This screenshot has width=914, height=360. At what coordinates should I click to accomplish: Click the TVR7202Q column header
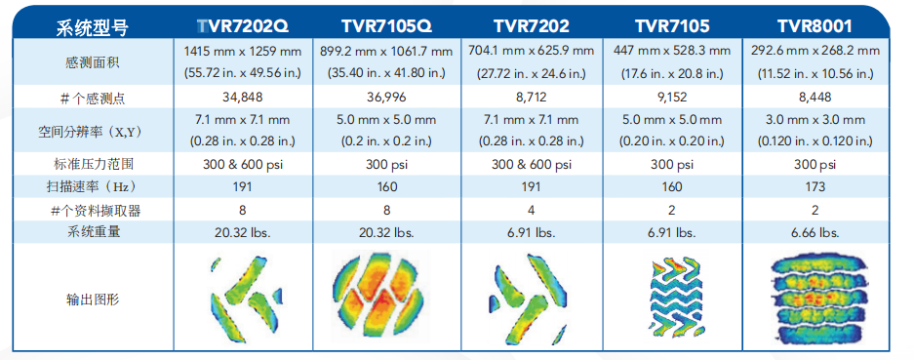[243, 26]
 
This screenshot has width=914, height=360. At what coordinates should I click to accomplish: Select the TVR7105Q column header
[386, 26]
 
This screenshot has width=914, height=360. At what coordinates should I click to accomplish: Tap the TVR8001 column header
[815, 26]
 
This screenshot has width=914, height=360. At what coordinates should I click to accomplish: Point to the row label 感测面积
[93, 62]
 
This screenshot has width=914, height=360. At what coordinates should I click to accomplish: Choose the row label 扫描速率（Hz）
[93, 186]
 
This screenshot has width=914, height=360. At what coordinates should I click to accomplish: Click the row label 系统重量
[93, 231]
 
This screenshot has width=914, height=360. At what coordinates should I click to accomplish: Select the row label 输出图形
[93, 300]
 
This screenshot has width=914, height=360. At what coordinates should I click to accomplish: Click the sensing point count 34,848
[243, 98]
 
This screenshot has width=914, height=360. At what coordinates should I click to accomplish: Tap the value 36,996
[387, 98]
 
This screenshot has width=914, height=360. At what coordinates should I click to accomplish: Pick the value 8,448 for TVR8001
[815, 98]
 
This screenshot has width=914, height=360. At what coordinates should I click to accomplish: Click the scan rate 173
[815, 186]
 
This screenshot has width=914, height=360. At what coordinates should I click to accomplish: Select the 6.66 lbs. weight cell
[815, 231]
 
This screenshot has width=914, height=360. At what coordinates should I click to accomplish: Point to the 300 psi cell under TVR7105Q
[387, 165]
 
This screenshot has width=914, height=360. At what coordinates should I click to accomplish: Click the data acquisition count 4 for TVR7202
[532, 210]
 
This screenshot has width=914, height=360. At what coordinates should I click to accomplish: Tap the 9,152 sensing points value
[672, 98]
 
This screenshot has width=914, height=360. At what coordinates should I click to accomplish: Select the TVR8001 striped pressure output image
[815, 300]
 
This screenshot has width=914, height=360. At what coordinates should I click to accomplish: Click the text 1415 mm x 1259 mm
[243, 52]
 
